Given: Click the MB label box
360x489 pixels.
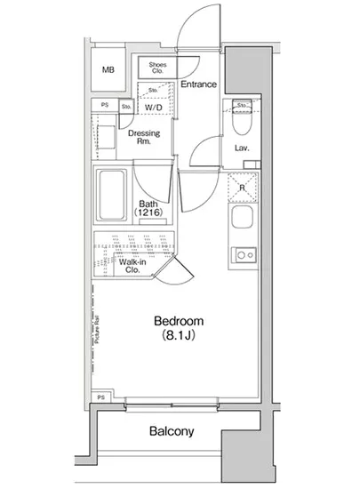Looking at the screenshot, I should (108, 70).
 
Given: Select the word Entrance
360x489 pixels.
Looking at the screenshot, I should (198, 84).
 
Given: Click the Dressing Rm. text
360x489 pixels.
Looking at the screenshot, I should (144, 138).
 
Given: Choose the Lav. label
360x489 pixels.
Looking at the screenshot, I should (240, 148).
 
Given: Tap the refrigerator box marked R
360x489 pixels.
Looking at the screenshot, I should (240, 188).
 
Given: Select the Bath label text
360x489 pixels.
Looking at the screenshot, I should (147, 203).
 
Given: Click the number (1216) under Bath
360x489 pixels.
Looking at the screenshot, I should (147, 214).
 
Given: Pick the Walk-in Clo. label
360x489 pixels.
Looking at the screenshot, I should (131, 266).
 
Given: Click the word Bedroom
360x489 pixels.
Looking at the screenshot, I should (179, 321).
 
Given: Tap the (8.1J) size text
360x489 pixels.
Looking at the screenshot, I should (179, 337).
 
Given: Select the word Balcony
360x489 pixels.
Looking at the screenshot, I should (172, 432).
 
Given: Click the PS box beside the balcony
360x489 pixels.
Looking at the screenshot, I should (100, 397).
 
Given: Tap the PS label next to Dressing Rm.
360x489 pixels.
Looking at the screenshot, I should (104, 106).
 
